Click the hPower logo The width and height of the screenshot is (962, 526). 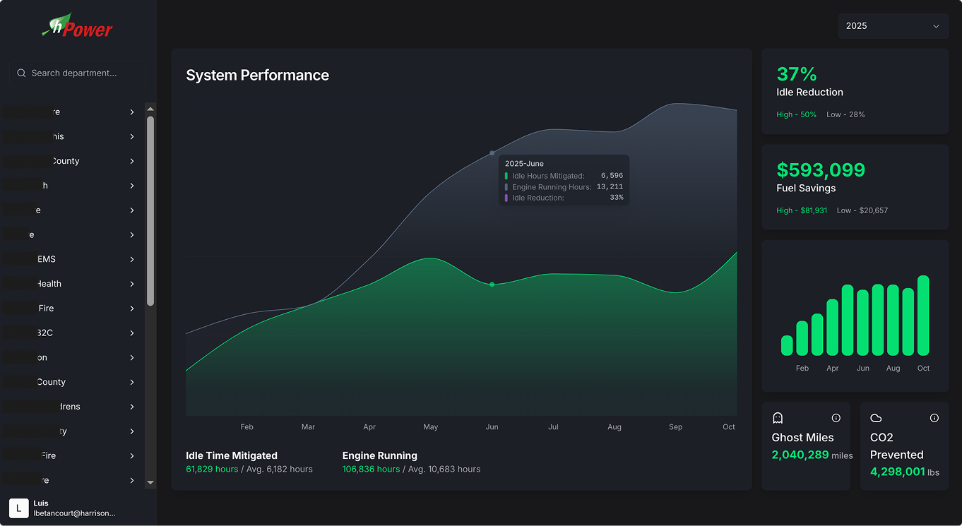pyautogui.click(x=78, y=27)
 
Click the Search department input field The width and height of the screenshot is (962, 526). pyautogui.click(x=78, y=73)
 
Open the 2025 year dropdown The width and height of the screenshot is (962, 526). pyautogui.click(x=893, y=26)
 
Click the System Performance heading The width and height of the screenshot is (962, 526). pyautogui.click(x=257, y=76)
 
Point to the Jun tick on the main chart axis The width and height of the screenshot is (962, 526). pyautogui.click(x=492, y=426)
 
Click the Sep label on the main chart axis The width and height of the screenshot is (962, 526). pyautogui.click(x=675, y=426)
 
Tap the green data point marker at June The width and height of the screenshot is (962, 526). pyautogui.click(x=492, y=284)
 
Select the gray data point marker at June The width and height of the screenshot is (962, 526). pyautogui.click(x=492, y=153)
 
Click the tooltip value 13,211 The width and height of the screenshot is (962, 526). pyautogui.click(x=610, y=187)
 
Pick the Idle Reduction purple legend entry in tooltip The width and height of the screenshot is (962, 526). pyautogui.click(x=537, y=198)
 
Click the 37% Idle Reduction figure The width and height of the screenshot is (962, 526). pyautogui.click(x=797, y=74)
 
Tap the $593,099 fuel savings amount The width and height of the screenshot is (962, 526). pyautogui.click(x=820, y=170)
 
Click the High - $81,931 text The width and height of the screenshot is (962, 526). pyautogui.click(x=802, y=210)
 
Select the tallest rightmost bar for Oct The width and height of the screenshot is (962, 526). pyautogui.click(x=923, y=315)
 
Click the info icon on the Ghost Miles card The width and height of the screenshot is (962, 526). pyautogui.click(x=836, y=418)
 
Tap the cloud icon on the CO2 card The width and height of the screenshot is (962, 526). pyautogui.click(x=876, y=418)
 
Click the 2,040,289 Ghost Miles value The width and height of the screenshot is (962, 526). pyautogui.click(x=800, y=455)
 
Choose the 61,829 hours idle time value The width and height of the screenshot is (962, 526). pyautogui.click(x=212, y=469)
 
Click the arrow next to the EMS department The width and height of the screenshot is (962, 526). pyautogui.click(x=132, y=259)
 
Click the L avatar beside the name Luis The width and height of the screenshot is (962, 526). pyautogui.click(x=19, y=508)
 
